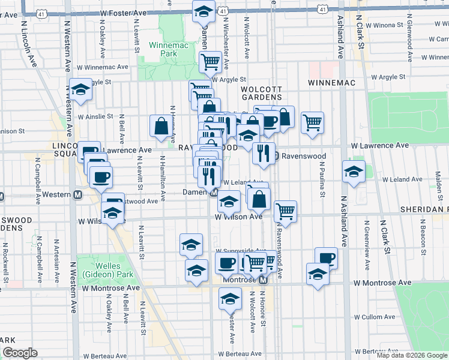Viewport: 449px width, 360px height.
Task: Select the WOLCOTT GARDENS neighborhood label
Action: click(261, 92)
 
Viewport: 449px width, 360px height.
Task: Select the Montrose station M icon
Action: click(263, 281)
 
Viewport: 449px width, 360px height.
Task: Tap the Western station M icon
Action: click(77, 195)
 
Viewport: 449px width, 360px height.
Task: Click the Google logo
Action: click(20, 353)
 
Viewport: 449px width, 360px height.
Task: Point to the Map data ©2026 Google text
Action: click(412, 355)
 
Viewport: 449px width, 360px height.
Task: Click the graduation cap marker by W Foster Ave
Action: click(203, 11)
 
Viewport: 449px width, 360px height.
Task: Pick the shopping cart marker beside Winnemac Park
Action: click(210, 62)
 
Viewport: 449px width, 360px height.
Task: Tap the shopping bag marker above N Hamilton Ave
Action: click(161, 125)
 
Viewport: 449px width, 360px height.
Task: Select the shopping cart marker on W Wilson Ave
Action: click(286, 211)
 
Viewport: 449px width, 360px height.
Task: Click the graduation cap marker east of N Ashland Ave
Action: click(354, 171)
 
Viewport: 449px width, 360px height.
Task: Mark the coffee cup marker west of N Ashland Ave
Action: click(326, 258)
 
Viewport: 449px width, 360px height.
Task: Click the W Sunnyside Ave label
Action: click(240, 251)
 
